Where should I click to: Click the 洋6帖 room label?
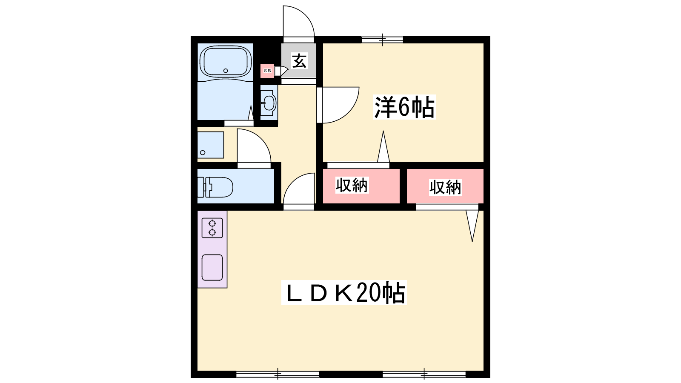click(x=404, y=107)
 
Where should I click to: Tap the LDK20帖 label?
click(x=344, y=292)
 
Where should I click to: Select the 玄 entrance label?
click(x=299, y=60)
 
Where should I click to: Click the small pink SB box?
click(x=268, y=71)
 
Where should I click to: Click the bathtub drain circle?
click(x=226, y=71)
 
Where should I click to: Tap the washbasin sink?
click(x=269, y=103)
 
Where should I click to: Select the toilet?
click(x=215, y=187)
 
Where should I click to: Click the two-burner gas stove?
click(x=212, y=228)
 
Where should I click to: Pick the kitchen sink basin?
click(x=212, y=268)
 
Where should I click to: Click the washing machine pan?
click(x=211, y=145)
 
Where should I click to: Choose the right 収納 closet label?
click(x=445, y=187)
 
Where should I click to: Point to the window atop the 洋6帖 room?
click(x=383, y=40)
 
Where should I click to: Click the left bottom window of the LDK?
click(x=278, y=374)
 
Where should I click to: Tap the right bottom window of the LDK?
click(x=424, y=374)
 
